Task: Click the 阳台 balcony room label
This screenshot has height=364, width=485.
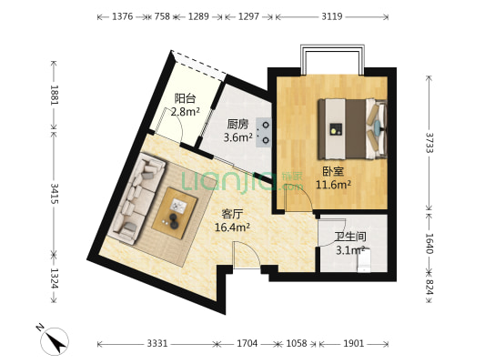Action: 185,99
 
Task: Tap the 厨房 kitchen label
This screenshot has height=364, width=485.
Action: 238,126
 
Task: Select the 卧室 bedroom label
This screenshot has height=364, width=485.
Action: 332,170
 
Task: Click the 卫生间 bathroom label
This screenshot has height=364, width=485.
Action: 343,234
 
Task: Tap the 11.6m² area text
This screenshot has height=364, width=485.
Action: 333,184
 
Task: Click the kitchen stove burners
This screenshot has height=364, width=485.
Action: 265,132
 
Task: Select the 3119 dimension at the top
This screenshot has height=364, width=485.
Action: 332,16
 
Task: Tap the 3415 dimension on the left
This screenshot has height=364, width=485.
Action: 54,194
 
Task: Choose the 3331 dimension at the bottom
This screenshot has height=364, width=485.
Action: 157,344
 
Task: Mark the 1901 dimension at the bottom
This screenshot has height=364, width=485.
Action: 354,344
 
